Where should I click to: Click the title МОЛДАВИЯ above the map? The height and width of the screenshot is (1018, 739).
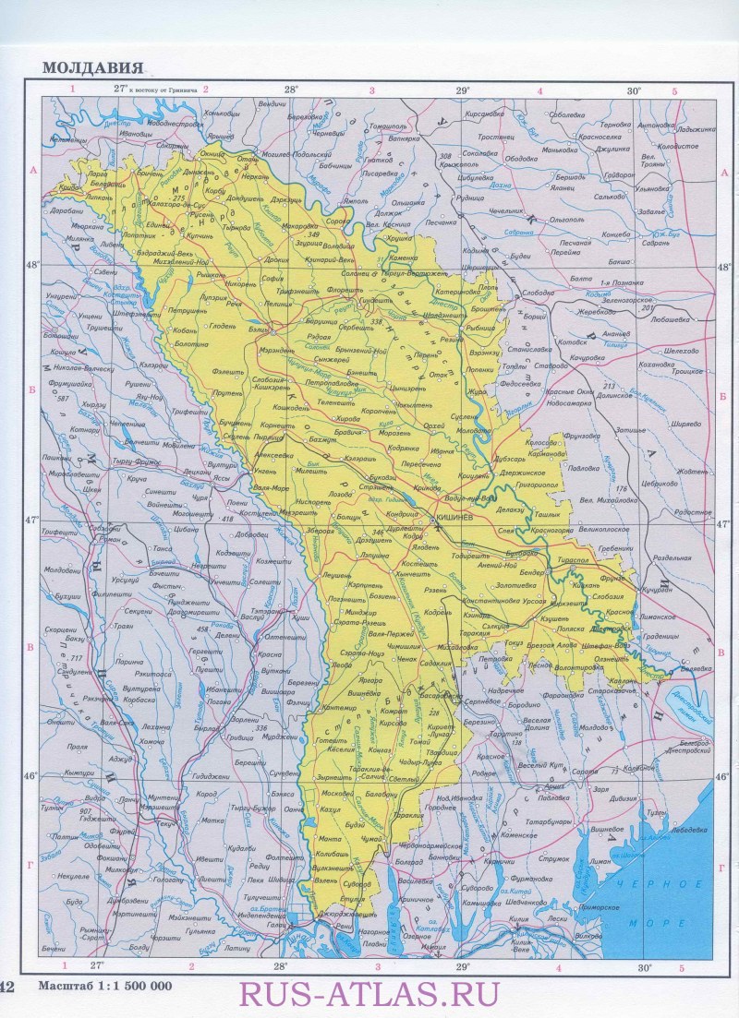click(x=92, y=67)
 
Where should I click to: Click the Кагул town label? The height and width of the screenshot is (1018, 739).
click(x=331, y=808)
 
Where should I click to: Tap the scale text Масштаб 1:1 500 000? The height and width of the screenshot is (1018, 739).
click(x=104, y=986)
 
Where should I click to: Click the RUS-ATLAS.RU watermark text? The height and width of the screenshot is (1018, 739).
click(x=369, y=993)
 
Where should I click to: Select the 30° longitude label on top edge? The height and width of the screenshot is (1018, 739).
click(x=633, y=90)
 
